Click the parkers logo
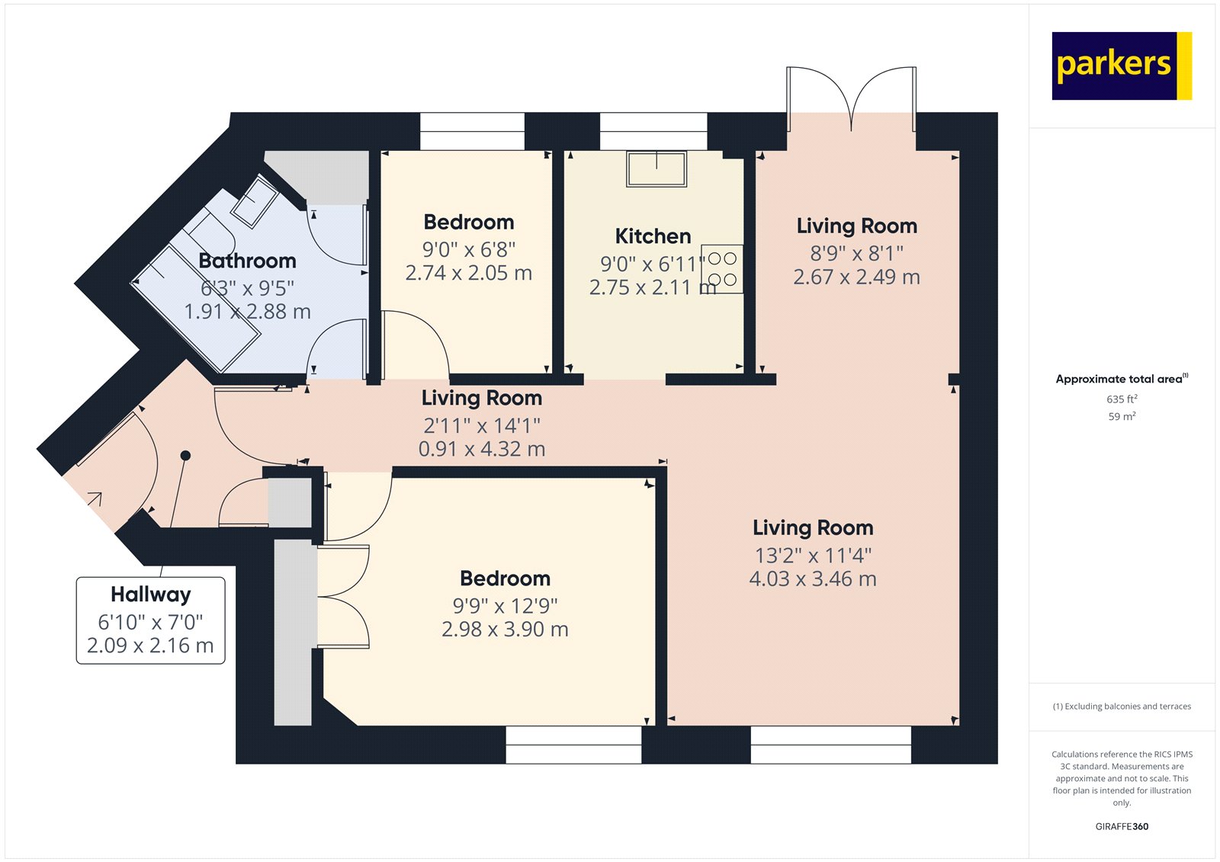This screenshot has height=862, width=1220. [1120, 66]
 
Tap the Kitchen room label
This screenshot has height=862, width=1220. [653, 236]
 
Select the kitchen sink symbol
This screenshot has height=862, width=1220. [657, 168]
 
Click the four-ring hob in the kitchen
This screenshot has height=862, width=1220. [721, 269]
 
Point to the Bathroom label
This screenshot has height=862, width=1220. [247, 261]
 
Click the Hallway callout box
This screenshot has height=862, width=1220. [150, 620]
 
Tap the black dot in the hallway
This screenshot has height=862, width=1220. [185, 456]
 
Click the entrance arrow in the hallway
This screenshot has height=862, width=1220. [95, 499]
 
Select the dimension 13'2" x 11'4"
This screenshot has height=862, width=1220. [813, 556]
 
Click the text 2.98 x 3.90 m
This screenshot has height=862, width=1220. [505, 630]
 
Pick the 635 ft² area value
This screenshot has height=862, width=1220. [1122, 399]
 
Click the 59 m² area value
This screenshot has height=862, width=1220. [1122, 417]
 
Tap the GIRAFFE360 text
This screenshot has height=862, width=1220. [1122, 826]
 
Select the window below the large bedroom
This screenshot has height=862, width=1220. [573, 745]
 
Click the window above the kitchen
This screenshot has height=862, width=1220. [653, 131]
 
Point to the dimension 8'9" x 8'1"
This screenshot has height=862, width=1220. [856, 253]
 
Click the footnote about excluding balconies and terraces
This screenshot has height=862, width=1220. [1122, 707]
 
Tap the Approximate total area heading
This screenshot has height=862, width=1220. [1120, 379]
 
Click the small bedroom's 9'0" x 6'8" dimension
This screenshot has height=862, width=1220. [468, 249]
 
